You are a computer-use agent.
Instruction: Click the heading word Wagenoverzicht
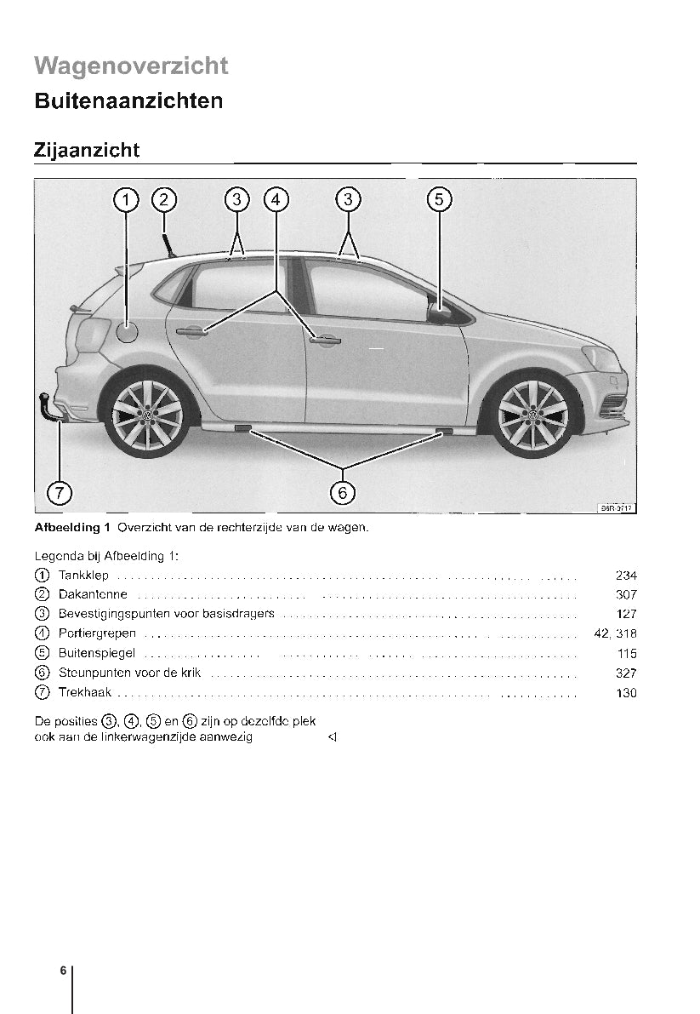pyautogui.click(x=131, y=66)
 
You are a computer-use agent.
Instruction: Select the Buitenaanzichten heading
pyautogui.click(x=128, y=101)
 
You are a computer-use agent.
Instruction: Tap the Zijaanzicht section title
pyautogui.click(x=87, y=150)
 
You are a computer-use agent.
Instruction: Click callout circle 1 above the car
pyautogui.click(x=126, y=199)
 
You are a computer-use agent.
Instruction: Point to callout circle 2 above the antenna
pyautogui.click(x=163, y=199)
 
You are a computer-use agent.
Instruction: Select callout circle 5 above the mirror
pyautogui.click(x=438, y=199)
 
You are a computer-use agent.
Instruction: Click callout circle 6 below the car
pyautogui.click(x=342, y=492)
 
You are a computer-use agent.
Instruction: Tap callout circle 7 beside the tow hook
pyautogui.click(x=59, y=492)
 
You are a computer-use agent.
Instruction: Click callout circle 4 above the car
pyautogui.click(x=276, y=199)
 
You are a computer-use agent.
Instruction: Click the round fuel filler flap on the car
pyautogui.click(x=126, y=332)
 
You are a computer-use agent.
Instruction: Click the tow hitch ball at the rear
pyautogui.click(x=43, y=398)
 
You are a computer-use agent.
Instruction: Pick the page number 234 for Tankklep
pyautogui.click(x=625, y=576)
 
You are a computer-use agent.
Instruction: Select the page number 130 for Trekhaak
pyautogui.click(x=625, y=693)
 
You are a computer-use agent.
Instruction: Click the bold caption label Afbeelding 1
pyautogui.click(x=72, y=527)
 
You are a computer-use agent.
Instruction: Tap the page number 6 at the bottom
pyautogui.click(x=63, y=971)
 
